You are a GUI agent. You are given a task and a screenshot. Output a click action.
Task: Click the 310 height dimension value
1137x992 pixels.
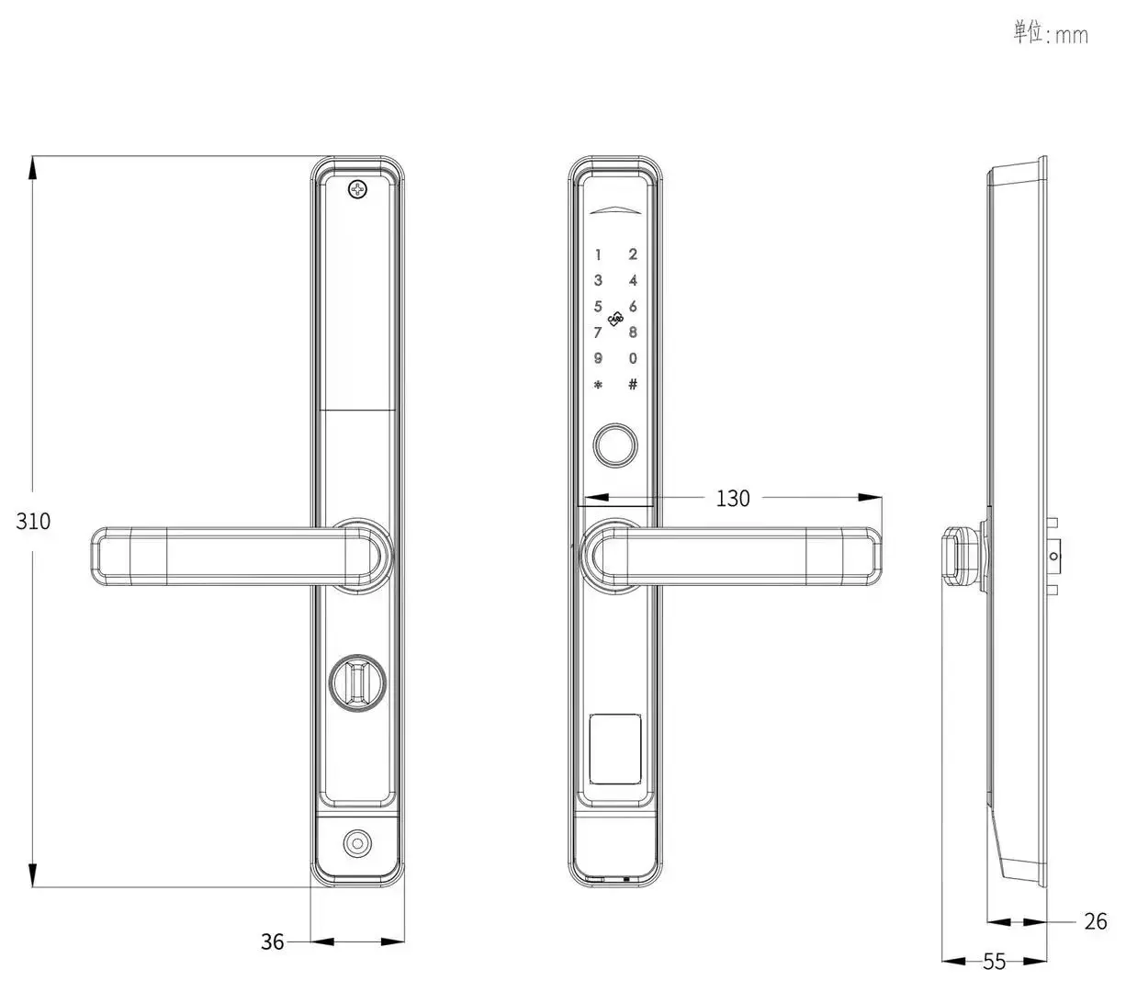(33, 521)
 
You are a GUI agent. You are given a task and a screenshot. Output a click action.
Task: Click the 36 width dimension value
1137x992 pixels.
(272, 941)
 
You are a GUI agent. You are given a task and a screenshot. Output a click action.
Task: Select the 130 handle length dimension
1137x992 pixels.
(732, 498)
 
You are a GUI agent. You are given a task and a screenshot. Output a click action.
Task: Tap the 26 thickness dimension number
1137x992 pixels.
(1095, 921)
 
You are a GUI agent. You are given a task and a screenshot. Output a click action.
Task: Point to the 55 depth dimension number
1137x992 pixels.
(994, 962)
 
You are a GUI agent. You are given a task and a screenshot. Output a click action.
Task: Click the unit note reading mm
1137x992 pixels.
(1051, 34)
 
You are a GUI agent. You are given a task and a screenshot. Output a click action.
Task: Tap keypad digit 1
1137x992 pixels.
(598, 254)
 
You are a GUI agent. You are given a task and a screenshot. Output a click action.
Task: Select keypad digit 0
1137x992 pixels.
(633, 358)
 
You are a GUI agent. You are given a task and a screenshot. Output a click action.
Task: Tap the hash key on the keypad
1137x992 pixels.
(633, 384)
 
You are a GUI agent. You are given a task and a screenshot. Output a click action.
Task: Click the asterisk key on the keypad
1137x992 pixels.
(598, 385)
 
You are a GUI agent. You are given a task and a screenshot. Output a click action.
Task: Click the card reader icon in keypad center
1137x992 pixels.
(615, 320)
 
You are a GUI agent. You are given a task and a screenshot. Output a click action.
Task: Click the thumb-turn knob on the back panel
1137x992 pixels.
(358, 681)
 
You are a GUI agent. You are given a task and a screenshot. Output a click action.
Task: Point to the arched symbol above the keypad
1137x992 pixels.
(615, 210)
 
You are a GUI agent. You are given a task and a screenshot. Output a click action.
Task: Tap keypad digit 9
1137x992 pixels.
(598, 358)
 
